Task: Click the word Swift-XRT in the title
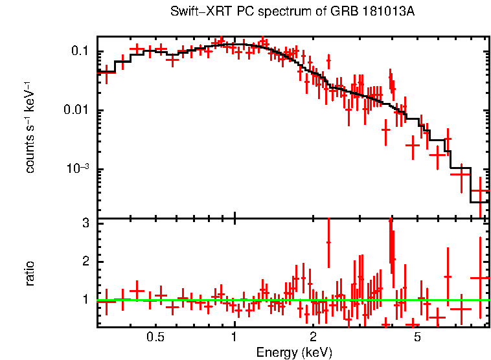(194, 12)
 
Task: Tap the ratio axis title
(30, 273)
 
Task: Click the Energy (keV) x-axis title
(294, 352)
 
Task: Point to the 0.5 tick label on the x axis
(155, 337)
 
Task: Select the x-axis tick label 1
(234, 337)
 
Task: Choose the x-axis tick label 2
(313, 337)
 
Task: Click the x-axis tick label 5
(417, 337)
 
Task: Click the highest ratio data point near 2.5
(328, 242)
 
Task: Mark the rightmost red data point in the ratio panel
(480, 278)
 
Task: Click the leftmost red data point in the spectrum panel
(106, 72)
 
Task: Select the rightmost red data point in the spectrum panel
(480, 191)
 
